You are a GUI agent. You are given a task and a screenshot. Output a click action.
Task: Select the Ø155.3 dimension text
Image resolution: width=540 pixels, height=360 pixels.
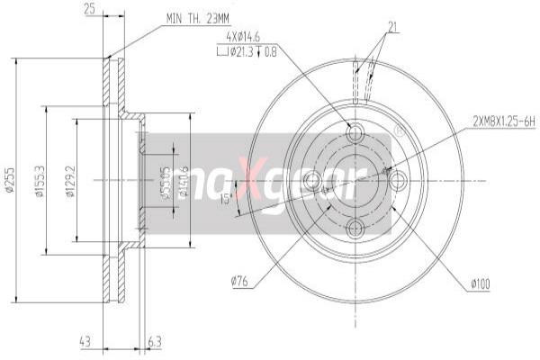pos(40,180)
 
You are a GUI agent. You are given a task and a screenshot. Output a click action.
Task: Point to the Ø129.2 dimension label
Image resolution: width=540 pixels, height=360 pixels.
pos(70,180)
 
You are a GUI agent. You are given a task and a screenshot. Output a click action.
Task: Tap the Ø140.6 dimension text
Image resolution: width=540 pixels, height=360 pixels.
pos(184,180)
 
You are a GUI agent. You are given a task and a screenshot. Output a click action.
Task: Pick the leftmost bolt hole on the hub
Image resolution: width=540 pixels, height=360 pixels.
pos(311,181)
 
